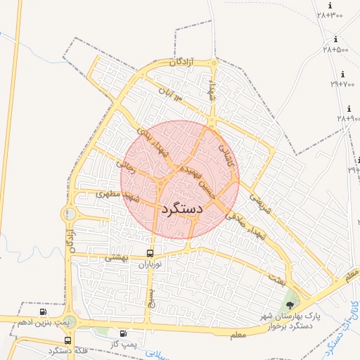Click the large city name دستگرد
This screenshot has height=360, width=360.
click(x=181, y=209)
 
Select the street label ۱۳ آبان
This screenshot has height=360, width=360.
click(x=170, y=93)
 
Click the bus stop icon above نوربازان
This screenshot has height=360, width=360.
click(x=150, y=253)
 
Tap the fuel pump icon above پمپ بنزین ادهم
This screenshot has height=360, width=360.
click(x=44, y=311)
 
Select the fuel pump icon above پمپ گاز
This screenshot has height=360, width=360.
click(x=124, y=333)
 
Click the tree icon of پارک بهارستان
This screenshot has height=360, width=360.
click(x=290, y=304)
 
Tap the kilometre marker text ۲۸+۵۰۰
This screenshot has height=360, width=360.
click(x=336, y=50)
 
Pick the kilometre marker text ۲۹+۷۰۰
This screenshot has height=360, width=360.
click(x=342, y=84)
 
